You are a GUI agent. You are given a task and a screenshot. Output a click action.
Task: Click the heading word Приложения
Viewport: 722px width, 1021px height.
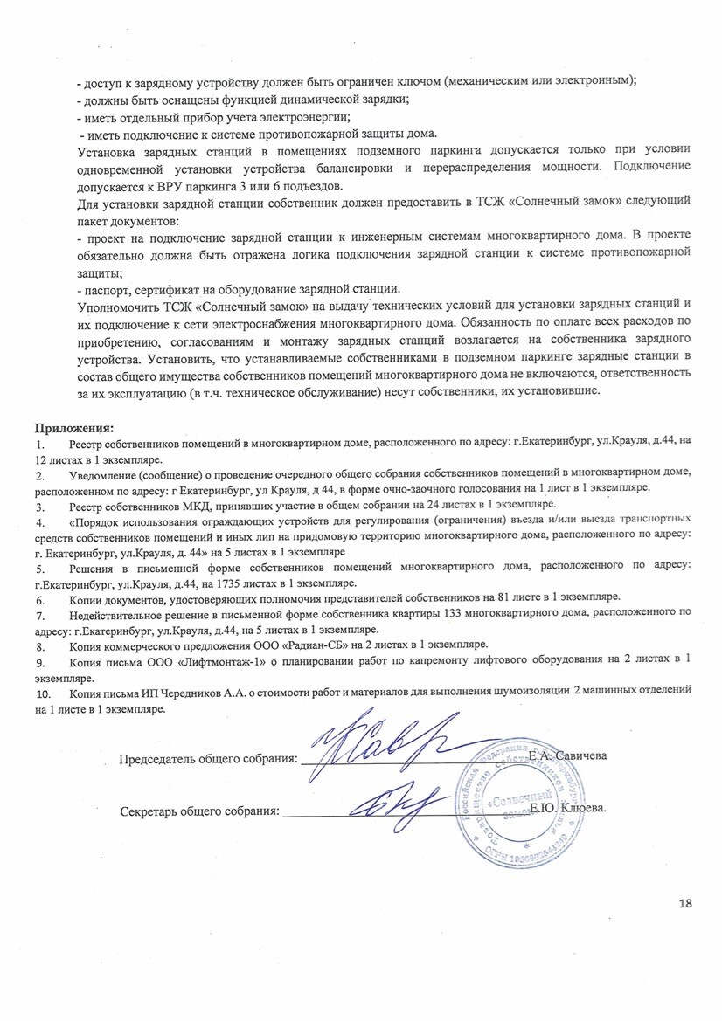coord(74,430)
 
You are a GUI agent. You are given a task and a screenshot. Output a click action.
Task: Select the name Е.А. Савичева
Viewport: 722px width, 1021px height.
coord(567,755)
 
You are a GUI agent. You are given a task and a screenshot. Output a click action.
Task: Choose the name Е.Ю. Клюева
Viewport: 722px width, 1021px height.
coord(569,809)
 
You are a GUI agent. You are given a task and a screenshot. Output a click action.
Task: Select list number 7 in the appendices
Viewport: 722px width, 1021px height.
coord(39,615)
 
